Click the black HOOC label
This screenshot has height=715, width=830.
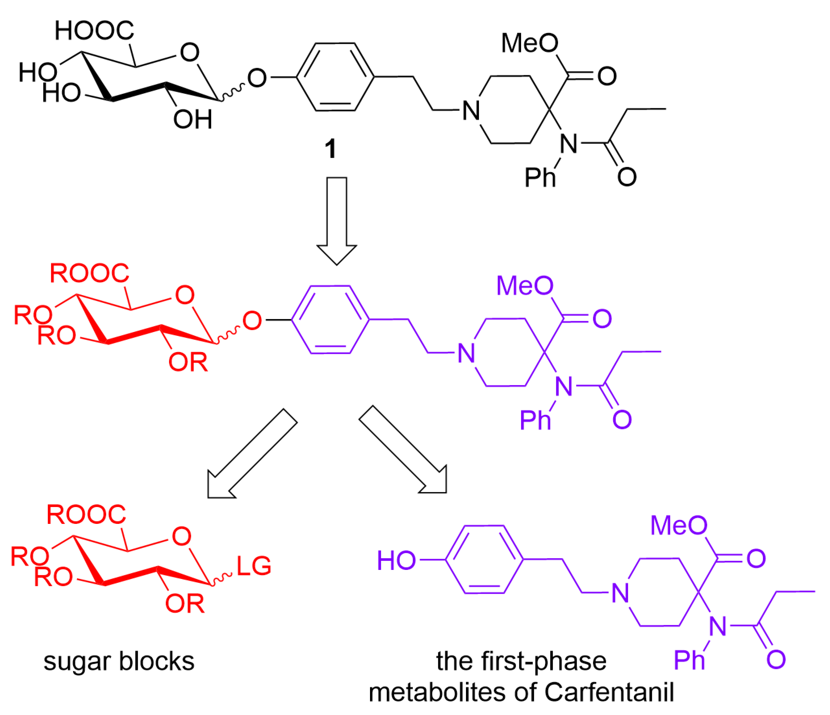point(94,31)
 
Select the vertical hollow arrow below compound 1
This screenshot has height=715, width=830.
point(337,220)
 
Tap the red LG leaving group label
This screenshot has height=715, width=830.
point(254,566)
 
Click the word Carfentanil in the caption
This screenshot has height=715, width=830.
point(609,692)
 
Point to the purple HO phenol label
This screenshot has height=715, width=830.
point(396,560)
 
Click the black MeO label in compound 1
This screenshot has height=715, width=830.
point(530,43)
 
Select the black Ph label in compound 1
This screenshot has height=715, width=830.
point(540,177)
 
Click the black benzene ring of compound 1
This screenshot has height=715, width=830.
point(335,77)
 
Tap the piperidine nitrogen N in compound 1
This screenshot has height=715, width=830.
point(471,111)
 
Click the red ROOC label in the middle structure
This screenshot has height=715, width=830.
point(89,273)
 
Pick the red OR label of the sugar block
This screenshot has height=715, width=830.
point(185,603)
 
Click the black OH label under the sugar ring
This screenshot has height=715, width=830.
point(193,119)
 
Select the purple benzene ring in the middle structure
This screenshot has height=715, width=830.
point(330,319)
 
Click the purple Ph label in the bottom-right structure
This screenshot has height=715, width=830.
point(689,660)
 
